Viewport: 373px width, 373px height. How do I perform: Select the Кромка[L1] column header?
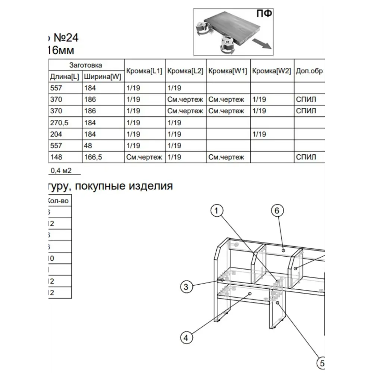144,71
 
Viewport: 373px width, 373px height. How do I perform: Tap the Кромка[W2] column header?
272,71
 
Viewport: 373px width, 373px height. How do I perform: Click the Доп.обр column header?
309,71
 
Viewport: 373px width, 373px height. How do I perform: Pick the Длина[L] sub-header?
65,77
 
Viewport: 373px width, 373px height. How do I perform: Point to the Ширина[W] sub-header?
102,77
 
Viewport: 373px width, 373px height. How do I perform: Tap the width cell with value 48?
88,145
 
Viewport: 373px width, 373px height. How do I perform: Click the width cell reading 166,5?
93,157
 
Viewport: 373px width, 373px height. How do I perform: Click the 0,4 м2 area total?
61,171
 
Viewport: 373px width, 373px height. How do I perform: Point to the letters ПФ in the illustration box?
264,14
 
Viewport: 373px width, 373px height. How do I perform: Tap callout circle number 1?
217,211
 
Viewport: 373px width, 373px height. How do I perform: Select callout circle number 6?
277,211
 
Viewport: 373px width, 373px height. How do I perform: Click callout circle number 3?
186,286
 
